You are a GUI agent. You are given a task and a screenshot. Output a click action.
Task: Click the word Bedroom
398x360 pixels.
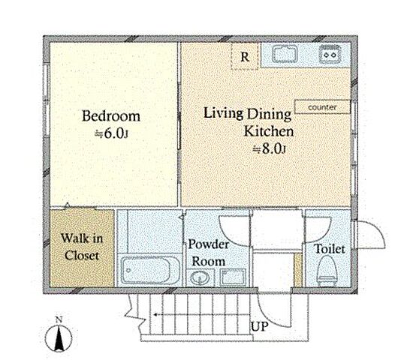tap(111, 116)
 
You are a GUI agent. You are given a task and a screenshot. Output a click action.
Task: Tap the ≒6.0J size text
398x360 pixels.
tap(111, 133)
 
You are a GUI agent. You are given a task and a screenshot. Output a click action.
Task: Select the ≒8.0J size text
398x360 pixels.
tap(270, 148)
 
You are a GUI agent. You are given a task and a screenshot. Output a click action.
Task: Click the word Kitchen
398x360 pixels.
tap(269, 131)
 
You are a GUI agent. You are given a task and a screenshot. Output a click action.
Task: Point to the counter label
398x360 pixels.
tap(322, 107)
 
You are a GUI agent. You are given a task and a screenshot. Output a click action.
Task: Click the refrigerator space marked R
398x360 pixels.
tap(245, 56)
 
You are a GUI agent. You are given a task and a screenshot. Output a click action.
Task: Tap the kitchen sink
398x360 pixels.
tap(285, 54)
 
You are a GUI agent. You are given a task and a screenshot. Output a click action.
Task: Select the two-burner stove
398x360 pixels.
tap(330, 53)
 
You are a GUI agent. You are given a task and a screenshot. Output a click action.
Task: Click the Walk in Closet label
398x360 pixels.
tap(82, 247)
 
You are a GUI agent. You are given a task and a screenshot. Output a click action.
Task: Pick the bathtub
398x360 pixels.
tap(149, 270)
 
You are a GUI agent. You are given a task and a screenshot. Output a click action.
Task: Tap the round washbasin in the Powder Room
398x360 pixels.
tap(200, 278)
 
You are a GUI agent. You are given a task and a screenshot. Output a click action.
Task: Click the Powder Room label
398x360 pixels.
tap(208, 253)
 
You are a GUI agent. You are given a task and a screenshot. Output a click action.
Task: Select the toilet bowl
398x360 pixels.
tap(327, 271)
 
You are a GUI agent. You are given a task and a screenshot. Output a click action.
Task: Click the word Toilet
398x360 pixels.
tap(330, 249)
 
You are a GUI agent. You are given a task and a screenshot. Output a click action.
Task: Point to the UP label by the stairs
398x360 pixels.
tap(259, 326)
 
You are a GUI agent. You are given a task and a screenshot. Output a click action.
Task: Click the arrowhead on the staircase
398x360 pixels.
tap(155, 315)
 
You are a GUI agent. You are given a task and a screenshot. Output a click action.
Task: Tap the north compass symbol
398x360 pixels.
tap(59, 337)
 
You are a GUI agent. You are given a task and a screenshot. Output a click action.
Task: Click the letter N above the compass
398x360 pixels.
tap(59, 319)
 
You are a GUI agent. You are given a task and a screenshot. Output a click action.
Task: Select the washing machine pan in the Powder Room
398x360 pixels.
tap(233, 277)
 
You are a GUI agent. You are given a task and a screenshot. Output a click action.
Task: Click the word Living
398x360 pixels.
tap(223, 113)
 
